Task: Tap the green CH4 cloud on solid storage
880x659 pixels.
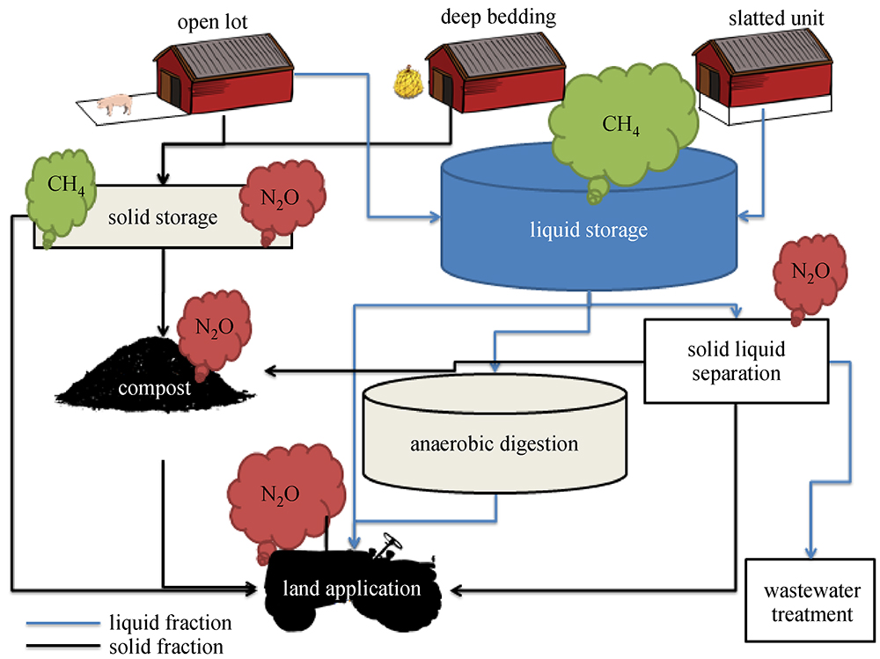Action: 60,191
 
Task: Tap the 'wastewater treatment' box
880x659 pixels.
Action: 811,603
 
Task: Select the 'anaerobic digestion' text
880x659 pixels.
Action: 495,443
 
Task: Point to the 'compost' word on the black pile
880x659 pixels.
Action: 157,387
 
